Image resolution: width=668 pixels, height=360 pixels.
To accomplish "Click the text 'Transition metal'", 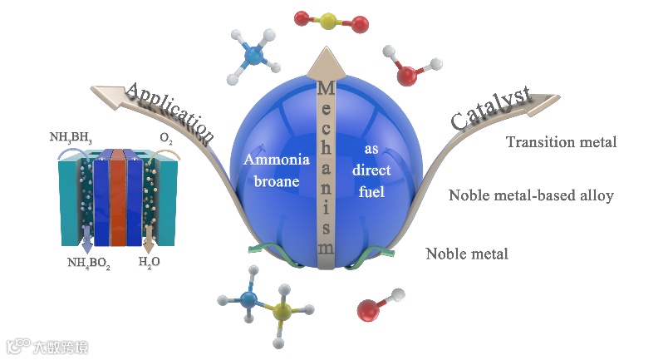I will point(562,142).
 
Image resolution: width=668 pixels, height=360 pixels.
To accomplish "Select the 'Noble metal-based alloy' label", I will point(531,196).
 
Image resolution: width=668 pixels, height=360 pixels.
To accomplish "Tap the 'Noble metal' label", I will point(466,254).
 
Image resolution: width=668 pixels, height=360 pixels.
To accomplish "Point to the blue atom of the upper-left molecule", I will point(256,57).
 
